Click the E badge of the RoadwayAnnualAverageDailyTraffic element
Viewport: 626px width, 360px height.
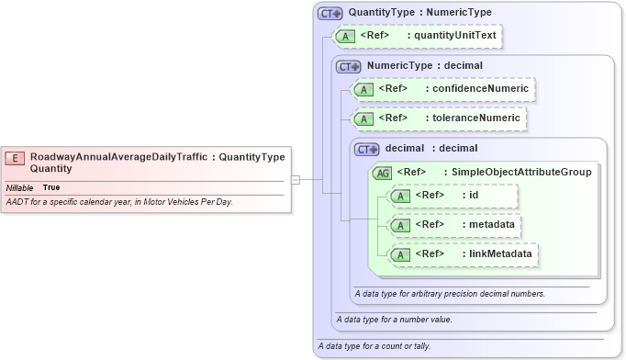[15, 157]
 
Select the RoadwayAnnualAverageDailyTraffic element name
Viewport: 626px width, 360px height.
[119, 157]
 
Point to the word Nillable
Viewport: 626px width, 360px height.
[20, 187]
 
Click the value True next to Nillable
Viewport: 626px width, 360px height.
[51, 187]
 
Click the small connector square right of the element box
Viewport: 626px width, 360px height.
[296, 179]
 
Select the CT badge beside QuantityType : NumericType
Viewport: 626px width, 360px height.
[330, 14]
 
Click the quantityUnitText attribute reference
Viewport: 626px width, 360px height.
[444, 36]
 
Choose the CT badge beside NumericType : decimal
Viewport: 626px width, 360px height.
[348, 66]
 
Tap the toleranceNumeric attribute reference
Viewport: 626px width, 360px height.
[477, 118]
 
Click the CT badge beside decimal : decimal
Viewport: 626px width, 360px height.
[366, 148]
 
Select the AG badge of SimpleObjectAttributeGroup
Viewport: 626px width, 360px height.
[382, 172]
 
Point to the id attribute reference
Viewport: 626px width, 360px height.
[474, 195]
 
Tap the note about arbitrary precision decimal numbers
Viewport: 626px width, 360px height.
[450, 294]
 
